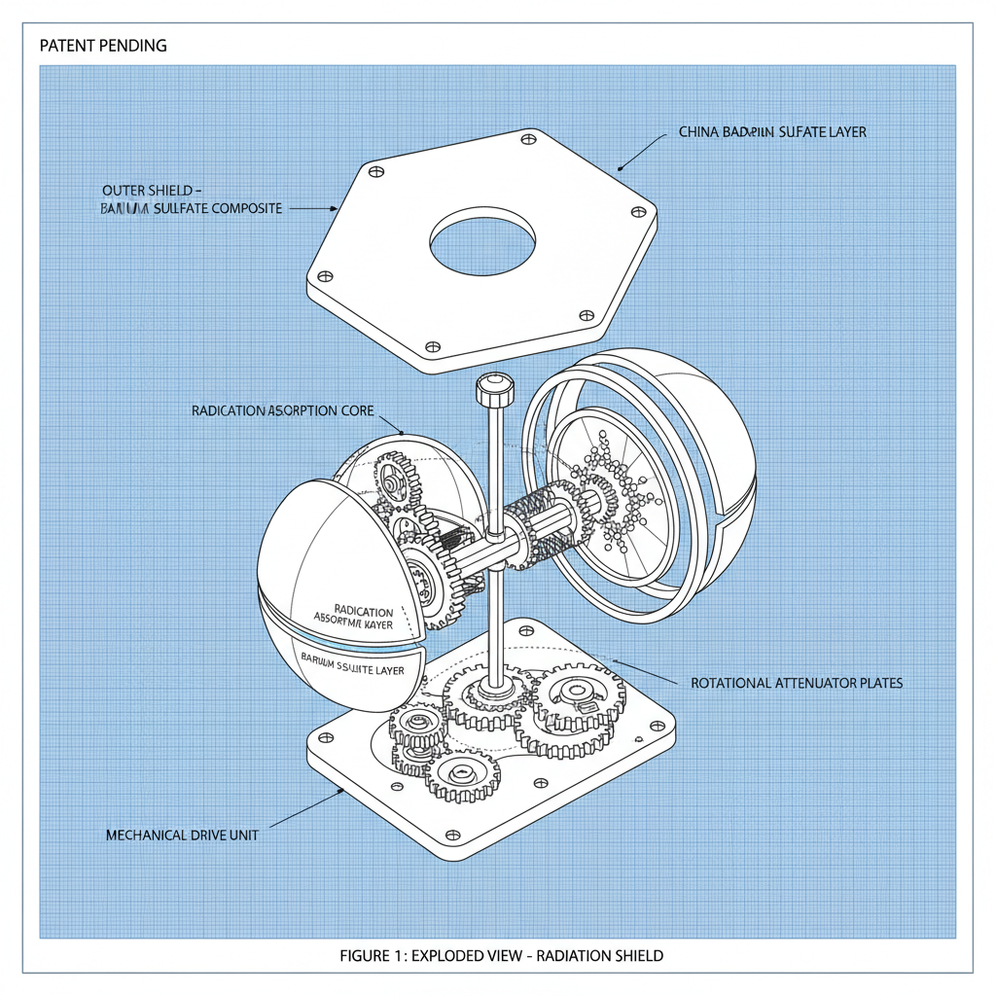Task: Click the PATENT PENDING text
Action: click(x=103, y=46)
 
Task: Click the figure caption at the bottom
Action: click(x=501, y=955)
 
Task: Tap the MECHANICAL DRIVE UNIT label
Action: click(x=182, y=835)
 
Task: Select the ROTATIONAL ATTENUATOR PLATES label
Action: click(x=797, y=683)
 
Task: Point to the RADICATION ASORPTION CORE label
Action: click(x=283, y=411)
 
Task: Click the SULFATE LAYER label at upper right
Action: click(x=771, y=132)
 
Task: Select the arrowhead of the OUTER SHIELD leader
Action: click(x=335, y=208)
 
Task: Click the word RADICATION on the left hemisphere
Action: click(x=363, y=610)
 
